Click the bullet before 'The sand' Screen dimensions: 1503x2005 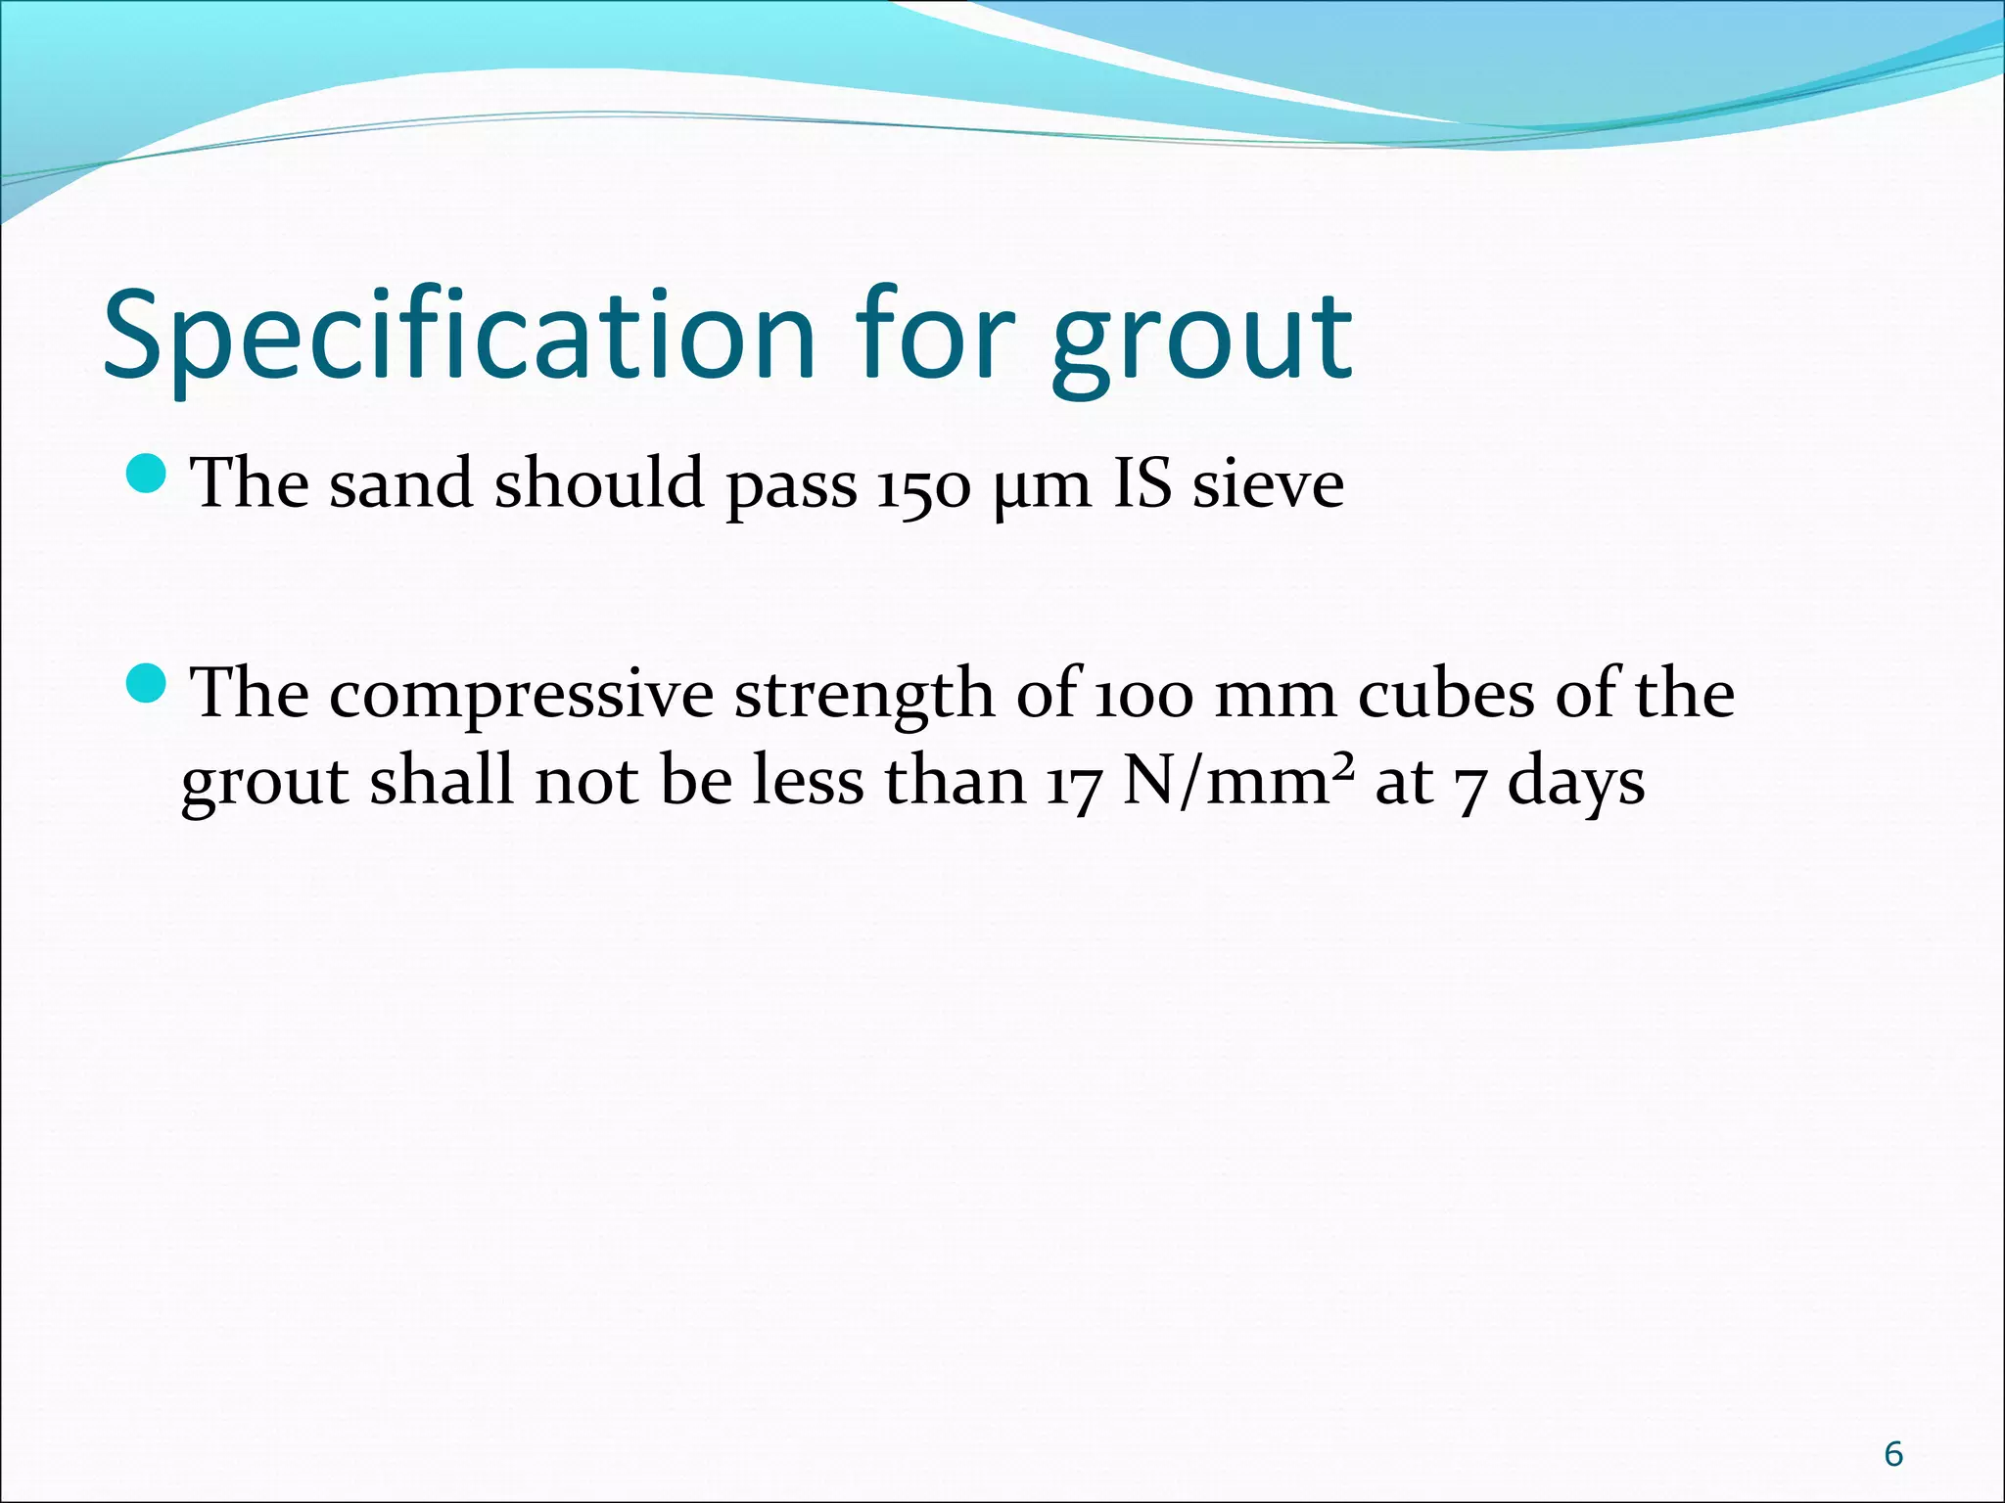(148, 474)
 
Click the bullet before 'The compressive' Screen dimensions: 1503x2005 (148, 682)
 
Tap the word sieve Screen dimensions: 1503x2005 (1268, 484)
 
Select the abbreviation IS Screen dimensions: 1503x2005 (1142, 484)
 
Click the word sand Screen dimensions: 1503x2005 (400, 484)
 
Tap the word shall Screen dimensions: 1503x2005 (442, 782)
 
